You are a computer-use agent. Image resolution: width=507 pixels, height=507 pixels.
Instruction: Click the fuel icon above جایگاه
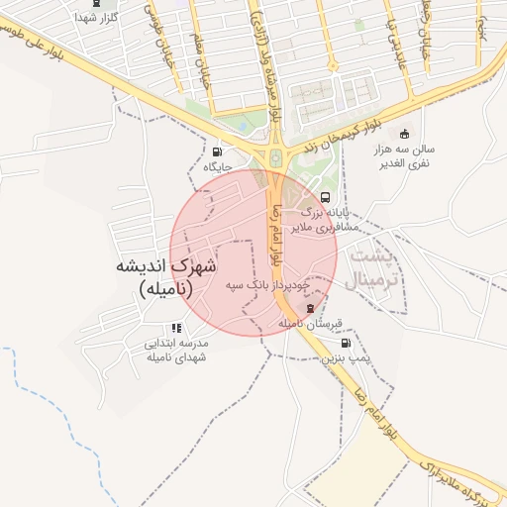(216, 152)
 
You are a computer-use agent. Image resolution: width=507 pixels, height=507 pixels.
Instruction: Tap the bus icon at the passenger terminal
(327, 196)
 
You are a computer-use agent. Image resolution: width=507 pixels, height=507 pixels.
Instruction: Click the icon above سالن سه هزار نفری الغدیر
(403, 135)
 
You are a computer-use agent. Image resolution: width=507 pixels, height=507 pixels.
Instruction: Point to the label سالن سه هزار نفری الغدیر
(406, 156)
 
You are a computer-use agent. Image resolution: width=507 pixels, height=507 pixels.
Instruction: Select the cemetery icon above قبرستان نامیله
(309, 308)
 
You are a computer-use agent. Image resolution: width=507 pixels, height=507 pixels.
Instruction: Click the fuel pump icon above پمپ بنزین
(346, 343)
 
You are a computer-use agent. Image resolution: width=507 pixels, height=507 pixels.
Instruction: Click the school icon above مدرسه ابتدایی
(176, 328)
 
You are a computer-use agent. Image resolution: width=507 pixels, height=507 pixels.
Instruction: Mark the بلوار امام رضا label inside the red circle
(280, 234)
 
